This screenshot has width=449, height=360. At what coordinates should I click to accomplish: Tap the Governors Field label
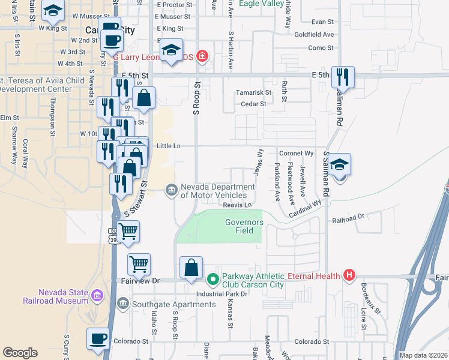(244, 226)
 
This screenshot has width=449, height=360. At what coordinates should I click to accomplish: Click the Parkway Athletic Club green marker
(212, 280)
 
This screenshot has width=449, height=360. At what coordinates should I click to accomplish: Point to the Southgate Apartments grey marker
(123, 304)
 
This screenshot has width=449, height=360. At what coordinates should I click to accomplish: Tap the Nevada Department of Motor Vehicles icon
(171, 191)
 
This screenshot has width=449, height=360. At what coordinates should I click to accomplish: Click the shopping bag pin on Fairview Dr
(191, 268)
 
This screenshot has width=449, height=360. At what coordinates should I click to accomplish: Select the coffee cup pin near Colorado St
(98, 338)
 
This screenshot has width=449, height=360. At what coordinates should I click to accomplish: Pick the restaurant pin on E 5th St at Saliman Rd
(343, 76)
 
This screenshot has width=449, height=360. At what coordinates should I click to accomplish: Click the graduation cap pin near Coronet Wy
(339, 164)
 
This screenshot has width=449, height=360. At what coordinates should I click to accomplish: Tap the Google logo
(20, 353)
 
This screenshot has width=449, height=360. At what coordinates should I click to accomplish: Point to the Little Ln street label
(168, 146)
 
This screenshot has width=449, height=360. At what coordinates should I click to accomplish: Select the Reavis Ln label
(237, 205)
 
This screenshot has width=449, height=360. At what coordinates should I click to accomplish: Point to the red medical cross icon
(202, 56)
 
